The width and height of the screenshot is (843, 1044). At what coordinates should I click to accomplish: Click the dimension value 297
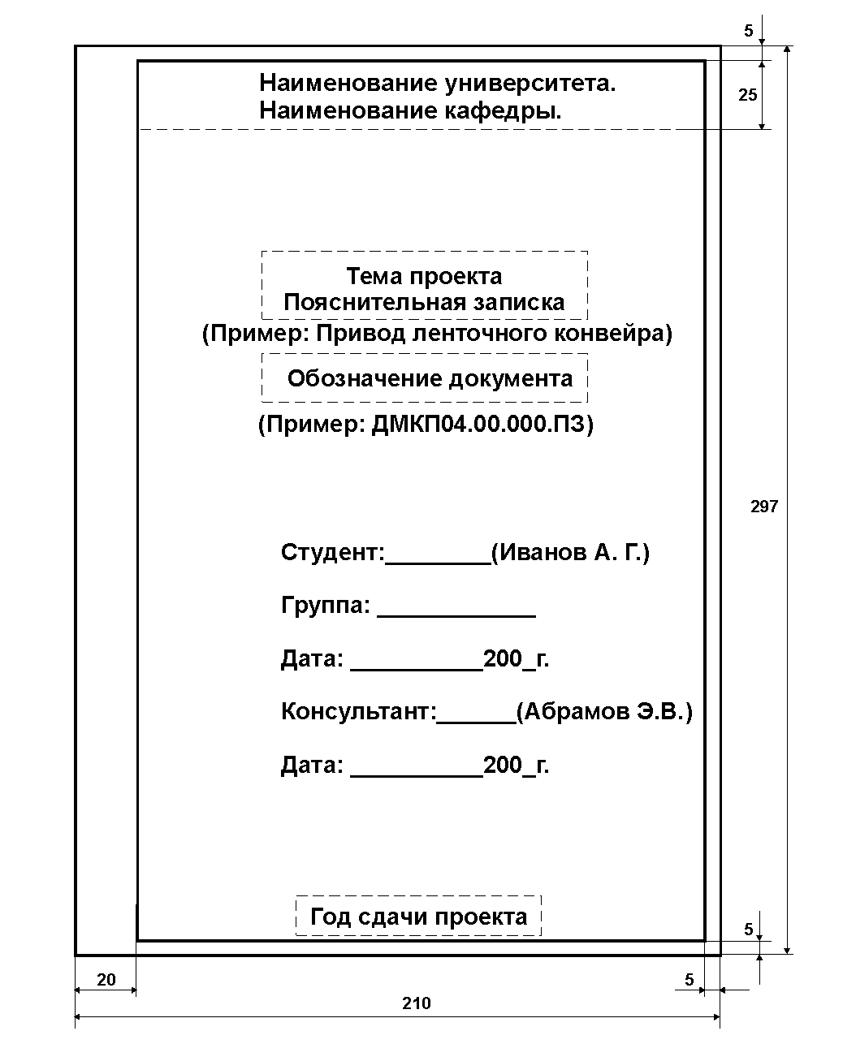pos(763,507)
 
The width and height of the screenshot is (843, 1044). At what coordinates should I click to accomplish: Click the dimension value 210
pos(417,1003)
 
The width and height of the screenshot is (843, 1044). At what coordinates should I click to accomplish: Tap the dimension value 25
pos(747,95)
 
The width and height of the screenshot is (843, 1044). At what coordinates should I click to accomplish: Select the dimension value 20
pos(106,980)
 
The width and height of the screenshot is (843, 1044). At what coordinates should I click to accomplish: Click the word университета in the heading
pos(530,83)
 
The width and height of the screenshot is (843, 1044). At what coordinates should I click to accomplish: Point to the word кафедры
pos(503,110)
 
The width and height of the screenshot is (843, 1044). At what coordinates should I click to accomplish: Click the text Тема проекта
pos(424,277)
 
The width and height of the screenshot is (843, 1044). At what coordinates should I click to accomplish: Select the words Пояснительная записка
pos(424,303)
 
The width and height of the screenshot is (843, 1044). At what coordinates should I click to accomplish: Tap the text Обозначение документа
pos(430,378)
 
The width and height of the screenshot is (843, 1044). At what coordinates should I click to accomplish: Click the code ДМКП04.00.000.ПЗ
pos(478,424)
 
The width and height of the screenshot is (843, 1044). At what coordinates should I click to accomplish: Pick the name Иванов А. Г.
pos(570,552)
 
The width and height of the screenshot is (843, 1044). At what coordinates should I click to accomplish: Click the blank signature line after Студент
pos(438,564)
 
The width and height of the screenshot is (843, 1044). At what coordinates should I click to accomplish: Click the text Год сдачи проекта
pos(419,917)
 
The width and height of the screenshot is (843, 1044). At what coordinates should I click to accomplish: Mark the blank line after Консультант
pos(476,723)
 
